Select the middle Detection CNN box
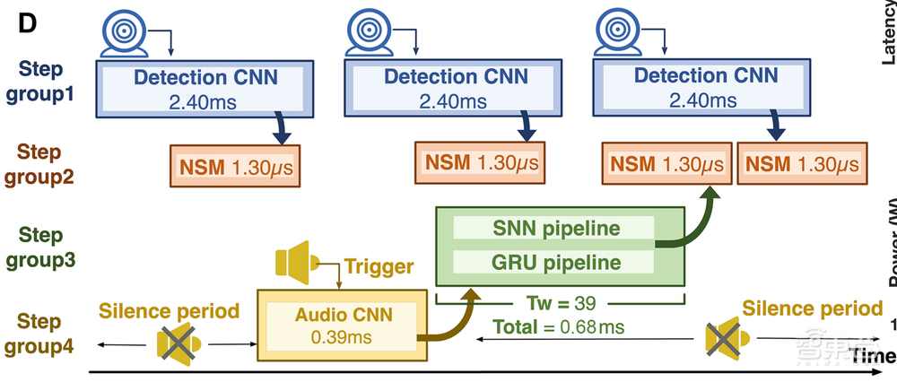click(456, 88)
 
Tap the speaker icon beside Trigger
click(295, 260)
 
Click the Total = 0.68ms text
click(558, 327)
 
